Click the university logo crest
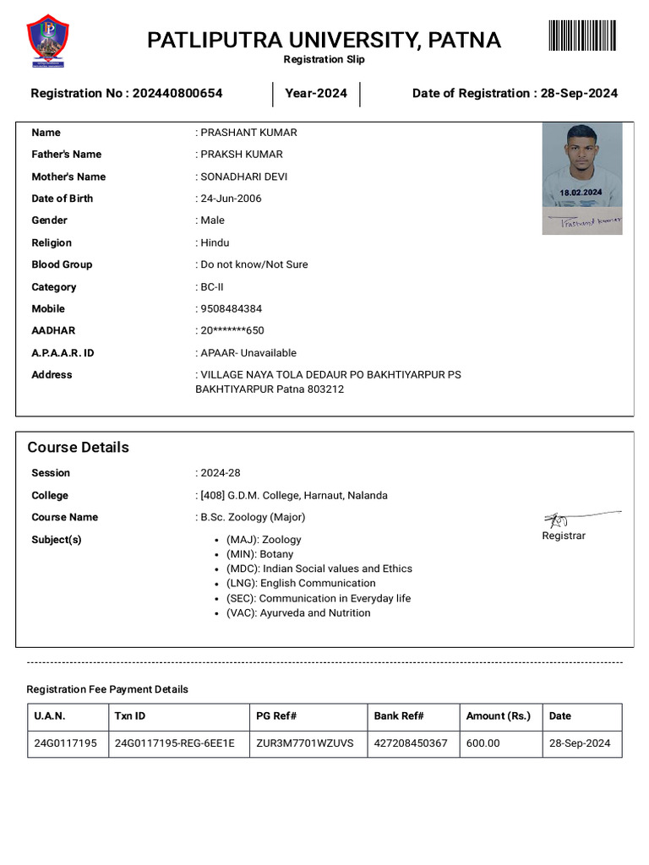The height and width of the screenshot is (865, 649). [48, 40]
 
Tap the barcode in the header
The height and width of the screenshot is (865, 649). [582, 35]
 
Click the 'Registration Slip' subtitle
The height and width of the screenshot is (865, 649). [324, 60]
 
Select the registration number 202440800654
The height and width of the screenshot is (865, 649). [177, 94]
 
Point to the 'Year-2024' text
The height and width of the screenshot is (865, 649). [316, 94]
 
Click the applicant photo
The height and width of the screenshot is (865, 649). [581, 165]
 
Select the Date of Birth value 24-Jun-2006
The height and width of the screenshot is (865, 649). [231, 199]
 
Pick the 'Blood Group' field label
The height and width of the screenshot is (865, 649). [62, 264]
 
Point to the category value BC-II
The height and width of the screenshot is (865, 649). [211, 287]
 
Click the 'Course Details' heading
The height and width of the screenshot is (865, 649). [78, 448]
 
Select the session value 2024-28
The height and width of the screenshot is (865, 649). [220, 473]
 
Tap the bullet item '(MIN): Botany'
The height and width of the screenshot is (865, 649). [259, 554]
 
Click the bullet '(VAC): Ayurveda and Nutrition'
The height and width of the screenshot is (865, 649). [297, 613]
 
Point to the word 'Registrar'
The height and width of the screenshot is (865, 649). [563, 536]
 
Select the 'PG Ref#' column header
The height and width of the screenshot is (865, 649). [275, 716]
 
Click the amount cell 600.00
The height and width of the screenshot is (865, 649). [483, 743]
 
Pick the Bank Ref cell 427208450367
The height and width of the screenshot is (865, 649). [411, 743]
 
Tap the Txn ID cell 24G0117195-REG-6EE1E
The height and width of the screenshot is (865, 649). [174, 743]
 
